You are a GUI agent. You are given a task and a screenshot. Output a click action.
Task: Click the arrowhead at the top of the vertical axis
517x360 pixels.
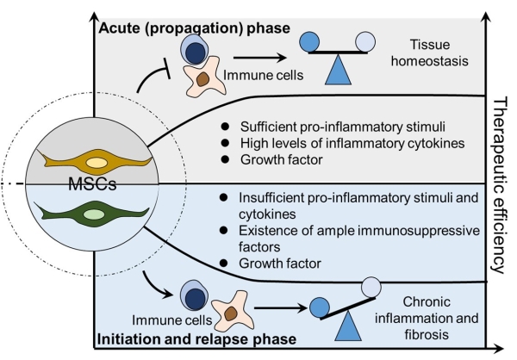92,6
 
